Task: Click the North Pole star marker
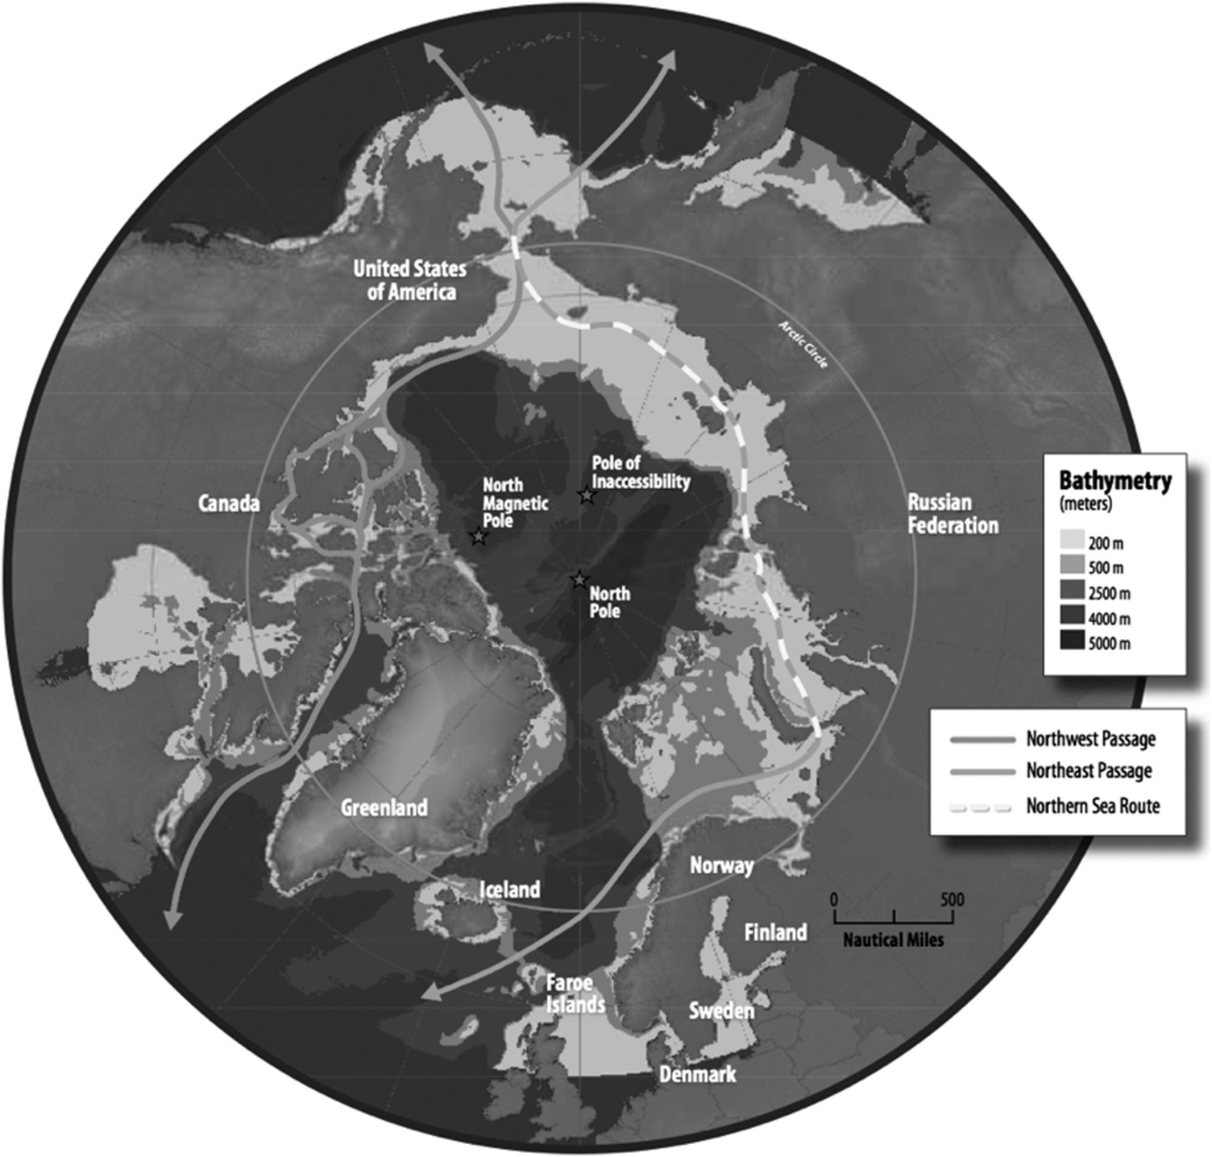click(x=579, y=579)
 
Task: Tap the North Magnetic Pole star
click(x=479, y=537)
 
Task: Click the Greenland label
click(x=384, y=807)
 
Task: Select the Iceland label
click(x=509, y=890)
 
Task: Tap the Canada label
click(x=230, y=504)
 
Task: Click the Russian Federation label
click(x=953, y=514)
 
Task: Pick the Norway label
click(x=721, y=866)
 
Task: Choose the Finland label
click(x=775, y=932)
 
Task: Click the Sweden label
click(x=721, y=1010)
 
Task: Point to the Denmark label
click(x=697, y=1074)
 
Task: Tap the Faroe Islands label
click(x=575, y=994)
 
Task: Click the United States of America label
click(x=409, y=280)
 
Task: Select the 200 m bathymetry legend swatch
click(x=1071, y=541)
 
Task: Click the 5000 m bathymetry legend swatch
click(x=1071, y=641)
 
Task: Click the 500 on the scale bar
click(x=952, y=899)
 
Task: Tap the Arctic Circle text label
click(x=803, y=345)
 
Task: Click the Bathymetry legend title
click(x=1114, y=481)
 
